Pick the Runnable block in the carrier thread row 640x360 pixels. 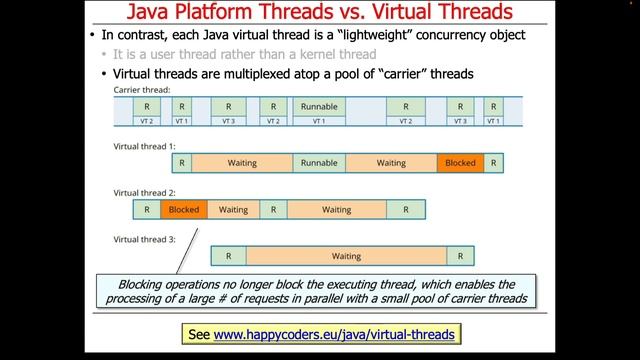(318, 105)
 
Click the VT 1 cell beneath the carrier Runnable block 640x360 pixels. (318, 121)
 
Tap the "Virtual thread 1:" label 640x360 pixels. (144, 146)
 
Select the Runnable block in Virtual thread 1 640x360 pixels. (319, 162)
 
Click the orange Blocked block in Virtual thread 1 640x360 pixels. (460, 162)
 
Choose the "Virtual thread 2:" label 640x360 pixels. (144, 192)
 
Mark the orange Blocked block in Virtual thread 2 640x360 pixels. (184, 210)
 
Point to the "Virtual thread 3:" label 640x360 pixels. (144, 239)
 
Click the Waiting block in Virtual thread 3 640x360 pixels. (346, 256)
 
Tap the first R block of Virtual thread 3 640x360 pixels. (228, 256)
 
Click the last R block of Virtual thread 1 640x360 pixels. (494, 162)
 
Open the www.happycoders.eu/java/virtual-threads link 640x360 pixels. (335, 332)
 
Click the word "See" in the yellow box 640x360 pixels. (199, 332)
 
